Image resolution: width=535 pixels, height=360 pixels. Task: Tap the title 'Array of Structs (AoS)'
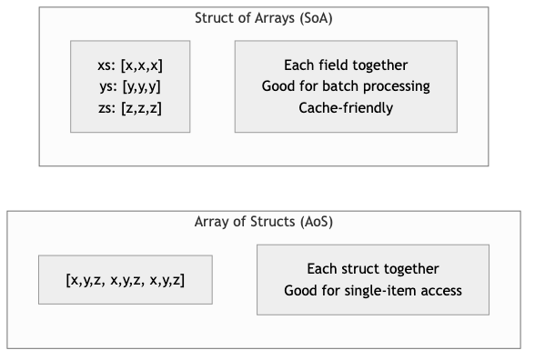267,222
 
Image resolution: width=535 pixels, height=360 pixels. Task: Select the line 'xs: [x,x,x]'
130,65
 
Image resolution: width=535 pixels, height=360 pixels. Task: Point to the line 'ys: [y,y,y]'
130,87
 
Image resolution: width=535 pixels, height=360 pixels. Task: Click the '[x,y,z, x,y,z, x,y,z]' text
126,280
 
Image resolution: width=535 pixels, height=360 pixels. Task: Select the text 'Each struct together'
373,269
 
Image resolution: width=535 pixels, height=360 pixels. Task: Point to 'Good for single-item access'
373,291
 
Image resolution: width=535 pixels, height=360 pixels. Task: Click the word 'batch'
338,87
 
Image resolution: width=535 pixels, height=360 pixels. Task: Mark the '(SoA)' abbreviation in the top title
316,18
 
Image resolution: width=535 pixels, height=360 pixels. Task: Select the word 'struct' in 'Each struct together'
358,269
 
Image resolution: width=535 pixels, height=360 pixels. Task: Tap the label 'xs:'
106,65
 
